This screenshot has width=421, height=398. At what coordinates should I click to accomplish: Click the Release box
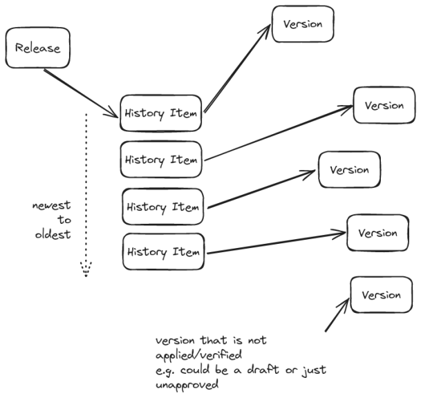[x=38, y=48]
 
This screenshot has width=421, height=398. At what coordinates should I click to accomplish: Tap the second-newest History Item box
[x=162, y=160]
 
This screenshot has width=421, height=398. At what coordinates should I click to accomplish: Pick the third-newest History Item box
[x=163, y=207]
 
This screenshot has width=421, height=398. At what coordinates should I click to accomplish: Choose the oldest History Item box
[x=163, y=252]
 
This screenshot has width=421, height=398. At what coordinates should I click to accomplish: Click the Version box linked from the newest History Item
[x=303, y=24]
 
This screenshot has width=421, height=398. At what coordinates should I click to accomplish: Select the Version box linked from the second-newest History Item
[x=384, y=106]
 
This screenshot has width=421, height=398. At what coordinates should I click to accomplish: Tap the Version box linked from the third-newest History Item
[x=348, y=169]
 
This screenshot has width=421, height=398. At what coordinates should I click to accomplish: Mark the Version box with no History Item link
[x=381, y=295]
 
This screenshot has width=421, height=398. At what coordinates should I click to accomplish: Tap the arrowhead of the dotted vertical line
[x=86, y=268]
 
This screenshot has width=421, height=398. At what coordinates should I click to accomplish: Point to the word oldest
[x=53, y=234]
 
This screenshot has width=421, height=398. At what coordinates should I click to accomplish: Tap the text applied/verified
[x=199, y=356]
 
